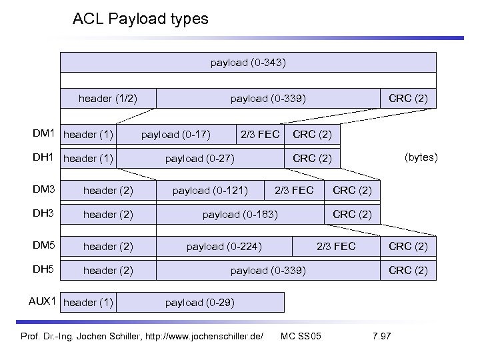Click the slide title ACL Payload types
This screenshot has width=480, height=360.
(140, 19)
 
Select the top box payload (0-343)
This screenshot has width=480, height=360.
(249, 63)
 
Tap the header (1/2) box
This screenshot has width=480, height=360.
(108, 99)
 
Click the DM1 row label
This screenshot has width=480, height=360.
(44, 134)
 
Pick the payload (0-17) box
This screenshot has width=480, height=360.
(176, 135)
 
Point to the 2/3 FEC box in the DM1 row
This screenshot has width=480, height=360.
(259, 135)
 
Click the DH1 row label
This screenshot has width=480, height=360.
(44, 158)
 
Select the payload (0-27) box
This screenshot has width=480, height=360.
(199, 158)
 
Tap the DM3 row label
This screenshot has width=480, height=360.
(45, 190)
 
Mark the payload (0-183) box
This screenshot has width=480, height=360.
(240, 215)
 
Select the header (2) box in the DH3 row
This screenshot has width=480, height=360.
(108, 215)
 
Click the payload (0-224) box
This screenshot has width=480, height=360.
(224, 247)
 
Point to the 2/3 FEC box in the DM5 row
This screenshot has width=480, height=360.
(336, 247)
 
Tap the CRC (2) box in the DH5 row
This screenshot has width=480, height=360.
(408, 271)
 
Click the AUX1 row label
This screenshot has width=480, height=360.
(42, 301)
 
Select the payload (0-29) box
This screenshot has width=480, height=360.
(199, 303)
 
